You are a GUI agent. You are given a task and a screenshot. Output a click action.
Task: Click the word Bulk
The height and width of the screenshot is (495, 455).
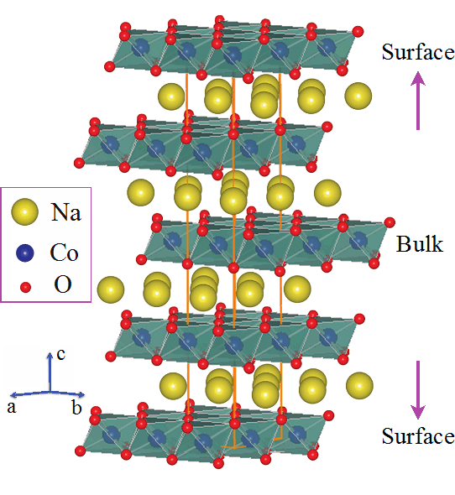(x=420, y=244)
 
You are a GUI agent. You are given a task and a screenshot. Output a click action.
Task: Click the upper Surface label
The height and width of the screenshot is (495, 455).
(x=418, y=52)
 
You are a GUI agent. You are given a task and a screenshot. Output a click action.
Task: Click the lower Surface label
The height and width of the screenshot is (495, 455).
(x=418, y=436)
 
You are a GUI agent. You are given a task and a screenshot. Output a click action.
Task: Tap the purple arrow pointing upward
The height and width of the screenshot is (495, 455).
(x=418, y=101)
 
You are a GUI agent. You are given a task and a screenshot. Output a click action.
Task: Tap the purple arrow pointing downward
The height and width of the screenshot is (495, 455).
(x=418, y=390)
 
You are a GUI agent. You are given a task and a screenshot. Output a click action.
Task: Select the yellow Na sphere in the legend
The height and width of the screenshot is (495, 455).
(x=24, y=211)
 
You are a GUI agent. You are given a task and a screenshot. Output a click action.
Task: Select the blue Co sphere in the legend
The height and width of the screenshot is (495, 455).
(x=24, y=253)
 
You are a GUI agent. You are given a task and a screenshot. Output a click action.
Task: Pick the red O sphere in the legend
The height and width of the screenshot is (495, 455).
(x=25, y=287)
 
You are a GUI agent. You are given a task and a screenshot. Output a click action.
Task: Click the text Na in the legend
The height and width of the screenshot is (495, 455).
(x=66, y=211)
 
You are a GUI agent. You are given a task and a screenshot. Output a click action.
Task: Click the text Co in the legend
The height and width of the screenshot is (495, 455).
(x=64, y=253)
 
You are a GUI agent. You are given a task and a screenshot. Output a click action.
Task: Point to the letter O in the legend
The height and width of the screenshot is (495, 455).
(x=63, y=284)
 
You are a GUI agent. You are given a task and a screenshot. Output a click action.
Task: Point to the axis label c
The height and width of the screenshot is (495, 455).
(x=61, y=354)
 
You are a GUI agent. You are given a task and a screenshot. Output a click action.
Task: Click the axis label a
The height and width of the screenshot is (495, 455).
(x=12, y=408)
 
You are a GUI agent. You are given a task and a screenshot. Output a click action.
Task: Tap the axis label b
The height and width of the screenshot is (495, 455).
(x=76, y=407)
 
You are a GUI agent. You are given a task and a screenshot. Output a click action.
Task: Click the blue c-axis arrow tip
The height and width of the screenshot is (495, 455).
(x=50, y=352)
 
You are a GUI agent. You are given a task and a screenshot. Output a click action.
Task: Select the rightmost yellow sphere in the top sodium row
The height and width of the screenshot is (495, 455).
(x=358, y=96)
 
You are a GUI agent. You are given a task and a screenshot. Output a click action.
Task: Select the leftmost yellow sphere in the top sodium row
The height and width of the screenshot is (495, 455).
(x=171, y=96)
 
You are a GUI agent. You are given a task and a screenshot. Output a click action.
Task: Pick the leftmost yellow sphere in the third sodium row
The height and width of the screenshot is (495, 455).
(x=111, y=289)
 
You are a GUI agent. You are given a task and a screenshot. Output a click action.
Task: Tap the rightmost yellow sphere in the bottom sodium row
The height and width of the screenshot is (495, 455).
(x=359, y=386)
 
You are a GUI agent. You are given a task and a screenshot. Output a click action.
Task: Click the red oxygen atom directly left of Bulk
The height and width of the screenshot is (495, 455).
(x=390, y=222)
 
